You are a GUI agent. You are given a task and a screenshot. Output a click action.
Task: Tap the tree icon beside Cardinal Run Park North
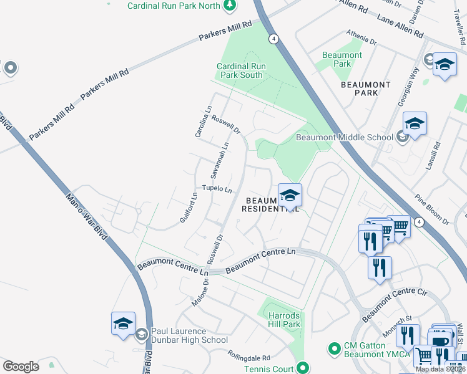[x=230, y=6]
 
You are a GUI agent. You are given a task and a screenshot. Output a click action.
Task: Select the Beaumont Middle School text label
[x=344, y=137]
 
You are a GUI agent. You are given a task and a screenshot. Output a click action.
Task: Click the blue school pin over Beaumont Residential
[x=290, y=196]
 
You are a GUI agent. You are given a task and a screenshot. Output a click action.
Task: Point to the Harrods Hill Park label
[x=284, y=319]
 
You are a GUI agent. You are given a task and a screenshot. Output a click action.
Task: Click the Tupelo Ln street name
[x=217, y=189]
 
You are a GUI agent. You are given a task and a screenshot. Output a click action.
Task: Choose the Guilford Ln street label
[x=191, y=210]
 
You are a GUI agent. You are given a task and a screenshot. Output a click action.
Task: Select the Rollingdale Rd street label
[x=248, y=358]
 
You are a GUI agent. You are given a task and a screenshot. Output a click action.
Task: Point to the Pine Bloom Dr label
[x=431, y=209]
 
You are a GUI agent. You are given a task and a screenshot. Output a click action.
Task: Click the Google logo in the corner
[x=21, y=366]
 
